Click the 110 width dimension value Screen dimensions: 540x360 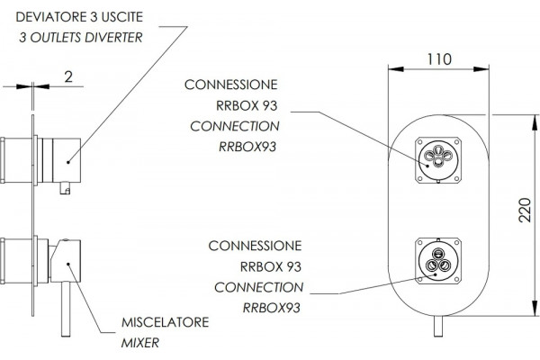click(x=439, y=59)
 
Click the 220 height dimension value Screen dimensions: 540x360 click(x=525, y=210)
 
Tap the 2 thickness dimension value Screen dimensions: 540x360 click(x=68, y=76)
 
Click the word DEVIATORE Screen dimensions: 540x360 click(x=51, y=17)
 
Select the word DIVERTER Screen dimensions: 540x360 click(x=113, y=38)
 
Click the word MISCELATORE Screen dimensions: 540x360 click(x=166, y=322)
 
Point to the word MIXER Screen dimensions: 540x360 click(x=140, y=343)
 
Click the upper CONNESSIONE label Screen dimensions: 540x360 click(x=230, y=85)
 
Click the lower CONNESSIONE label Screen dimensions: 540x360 click(x=255, y=246)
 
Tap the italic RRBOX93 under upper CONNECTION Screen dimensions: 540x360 click(x=247, y=147)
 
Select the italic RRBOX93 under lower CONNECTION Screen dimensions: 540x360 click(x=272, y=308)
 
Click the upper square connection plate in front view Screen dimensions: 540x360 click(x=438, y=160)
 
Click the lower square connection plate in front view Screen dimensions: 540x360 click(x=438, y=261)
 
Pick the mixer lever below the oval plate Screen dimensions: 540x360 click(x=438, y=326)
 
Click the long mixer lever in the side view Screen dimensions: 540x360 click(x=66, y=309)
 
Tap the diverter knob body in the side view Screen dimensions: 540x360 click(x=67, y=160)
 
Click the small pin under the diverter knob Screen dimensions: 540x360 click(x=65, y=188)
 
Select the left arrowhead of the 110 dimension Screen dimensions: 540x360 click(x=396, y=69)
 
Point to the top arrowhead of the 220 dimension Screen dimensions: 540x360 click(x=535, y=122)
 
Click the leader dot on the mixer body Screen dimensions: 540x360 click(x=68, y=265)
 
